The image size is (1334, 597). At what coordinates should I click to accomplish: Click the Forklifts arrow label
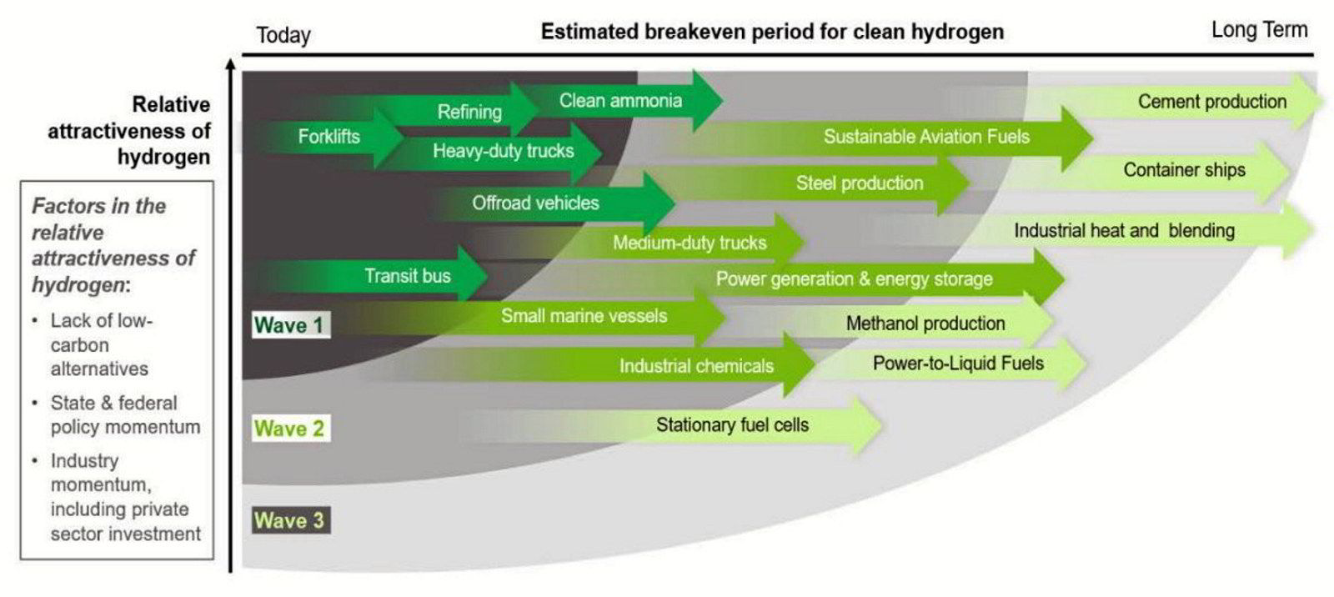[x=328, y=136]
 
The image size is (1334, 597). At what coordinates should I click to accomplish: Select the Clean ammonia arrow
[x=620, y=101]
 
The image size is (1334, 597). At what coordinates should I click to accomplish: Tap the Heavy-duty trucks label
[x=503, y=151]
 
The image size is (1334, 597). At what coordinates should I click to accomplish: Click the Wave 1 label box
[x=289, y=325]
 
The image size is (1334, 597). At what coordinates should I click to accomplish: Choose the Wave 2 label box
[x=289, y=429]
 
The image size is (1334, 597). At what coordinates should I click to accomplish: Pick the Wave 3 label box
[x=289, y=521]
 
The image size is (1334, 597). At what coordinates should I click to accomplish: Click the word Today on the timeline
[x=283, y=35]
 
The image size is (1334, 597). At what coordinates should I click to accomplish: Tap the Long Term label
[x=1259, y=30]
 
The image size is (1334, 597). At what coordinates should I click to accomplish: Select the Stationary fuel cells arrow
[x=732, y=425]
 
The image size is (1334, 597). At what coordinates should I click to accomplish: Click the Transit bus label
[x=407, y=276]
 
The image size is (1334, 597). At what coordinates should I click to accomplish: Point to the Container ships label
[x=1184, y=170]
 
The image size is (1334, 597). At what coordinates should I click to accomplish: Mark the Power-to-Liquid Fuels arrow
[x=958, y=364]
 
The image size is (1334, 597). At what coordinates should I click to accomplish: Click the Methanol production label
[x=925, y=324]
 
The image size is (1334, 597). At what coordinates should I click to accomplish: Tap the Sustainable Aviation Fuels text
[x=926, y=137]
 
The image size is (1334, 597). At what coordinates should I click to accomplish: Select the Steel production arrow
[x=860, y=183]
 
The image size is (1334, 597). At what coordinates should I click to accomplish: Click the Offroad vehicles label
[x=535, y=203]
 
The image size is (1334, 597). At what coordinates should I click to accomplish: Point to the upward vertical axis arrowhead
[x=231, y=64]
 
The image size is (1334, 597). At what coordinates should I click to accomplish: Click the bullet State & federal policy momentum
[x=125, y=414]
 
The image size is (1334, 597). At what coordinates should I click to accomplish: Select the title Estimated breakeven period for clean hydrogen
[x=772, y=32]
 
